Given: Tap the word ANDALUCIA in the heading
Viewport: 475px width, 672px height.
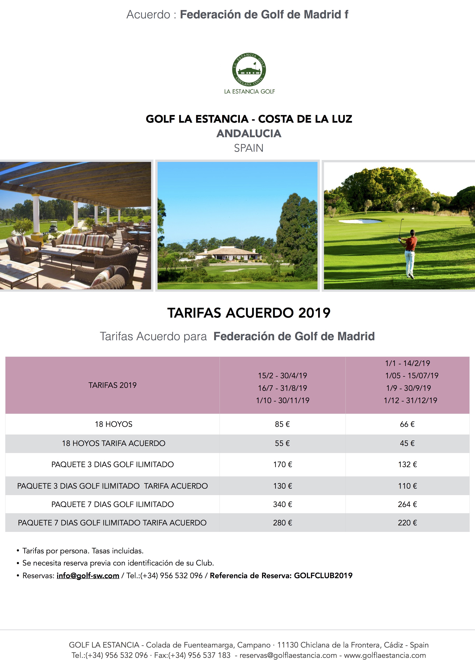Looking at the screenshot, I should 249,134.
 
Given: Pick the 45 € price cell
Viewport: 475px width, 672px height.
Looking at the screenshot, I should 407,443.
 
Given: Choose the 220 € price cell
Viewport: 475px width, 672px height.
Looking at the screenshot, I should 407,523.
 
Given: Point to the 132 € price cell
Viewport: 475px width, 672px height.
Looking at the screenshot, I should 407,465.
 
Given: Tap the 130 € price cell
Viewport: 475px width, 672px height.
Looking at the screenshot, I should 282,486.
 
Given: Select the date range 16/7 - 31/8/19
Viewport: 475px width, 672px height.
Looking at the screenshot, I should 282,388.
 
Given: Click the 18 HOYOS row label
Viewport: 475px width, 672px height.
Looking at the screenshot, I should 114,424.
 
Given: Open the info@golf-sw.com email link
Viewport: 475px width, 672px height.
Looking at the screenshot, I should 88,576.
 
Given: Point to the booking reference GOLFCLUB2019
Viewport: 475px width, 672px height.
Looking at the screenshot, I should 323,576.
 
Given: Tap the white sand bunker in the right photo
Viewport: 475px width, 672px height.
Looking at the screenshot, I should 361,221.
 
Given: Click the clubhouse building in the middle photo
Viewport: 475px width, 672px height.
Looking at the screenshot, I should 231,254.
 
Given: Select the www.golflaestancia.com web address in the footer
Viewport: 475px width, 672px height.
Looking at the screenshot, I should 385,655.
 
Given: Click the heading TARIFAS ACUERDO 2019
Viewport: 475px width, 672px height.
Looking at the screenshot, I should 249,313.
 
